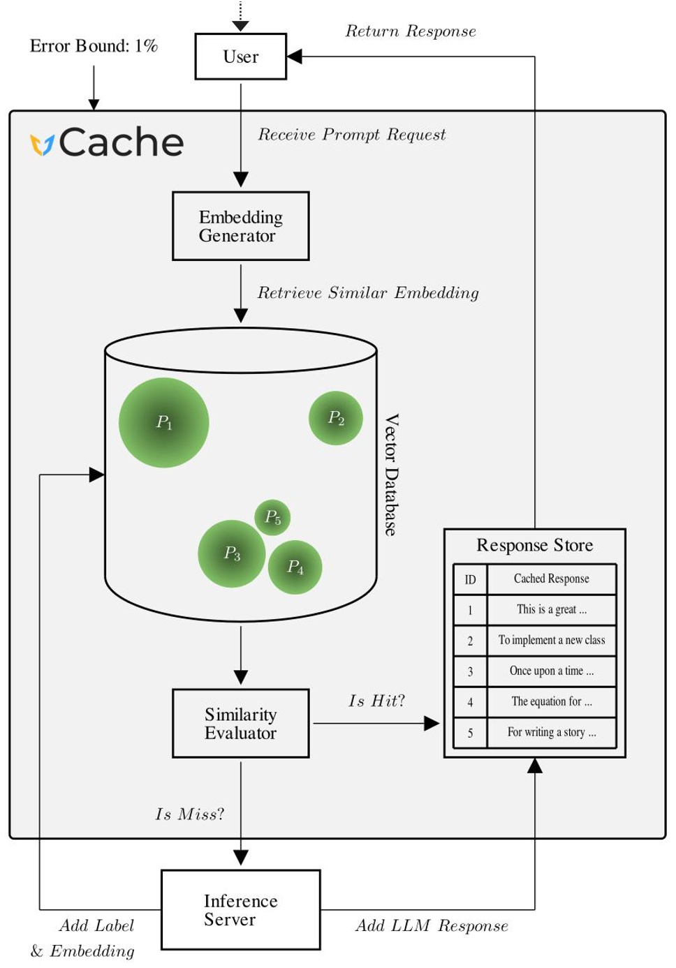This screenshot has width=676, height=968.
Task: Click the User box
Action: click(240, 57)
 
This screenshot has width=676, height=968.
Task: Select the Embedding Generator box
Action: click(240, 226)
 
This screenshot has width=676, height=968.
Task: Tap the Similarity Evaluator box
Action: click(240, 723)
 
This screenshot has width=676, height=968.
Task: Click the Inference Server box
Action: click(240, 909)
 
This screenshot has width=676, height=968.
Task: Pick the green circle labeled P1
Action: click(163, 422)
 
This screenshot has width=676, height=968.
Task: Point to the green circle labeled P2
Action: click(336, 418)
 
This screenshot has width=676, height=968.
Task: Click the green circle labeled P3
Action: click(232, 553)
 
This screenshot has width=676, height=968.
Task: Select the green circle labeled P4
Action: click(295, 567)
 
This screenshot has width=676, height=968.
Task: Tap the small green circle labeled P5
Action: click(272, 517)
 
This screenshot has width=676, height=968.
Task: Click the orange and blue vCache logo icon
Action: click(42, 144)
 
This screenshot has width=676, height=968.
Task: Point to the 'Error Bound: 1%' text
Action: click(94, 46)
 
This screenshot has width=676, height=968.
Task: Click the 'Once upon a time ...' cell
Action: click(551, 671)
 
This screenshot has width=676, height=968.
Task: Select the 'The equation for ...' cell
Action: click(551, 701)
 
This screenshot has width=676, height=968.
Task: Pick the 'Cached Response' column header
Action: click(551, 579)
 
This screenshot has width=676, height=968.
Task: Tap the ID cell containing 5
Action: click(470, 733)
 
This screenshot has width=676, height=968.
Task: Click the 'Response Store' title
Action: click(534, 545)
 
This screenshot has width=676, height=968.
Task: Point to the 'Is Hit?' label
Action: click(376, 701)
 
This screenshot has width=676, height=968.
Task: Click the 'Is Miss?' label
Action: click(189, 814)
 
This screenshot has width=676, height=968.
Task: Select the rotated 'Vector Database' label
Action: click(392, 475)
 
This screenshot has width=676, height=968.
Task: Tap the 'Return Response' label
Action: click(411, 31)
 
